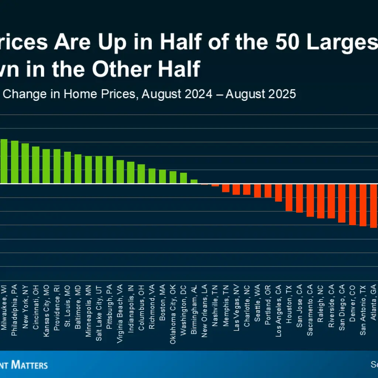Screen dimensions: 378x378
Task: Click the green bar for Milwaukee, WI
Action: coord(4,161)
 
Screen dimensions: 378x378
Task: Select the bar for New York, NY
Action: coord(25,164)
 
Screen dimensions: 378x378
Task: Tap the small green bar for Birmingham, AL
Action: coord(194,182)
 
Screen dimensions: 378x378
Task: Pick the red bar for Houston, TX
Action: coord(289,197)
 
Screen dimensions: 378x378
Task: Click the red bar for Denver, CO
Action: coord(353,205)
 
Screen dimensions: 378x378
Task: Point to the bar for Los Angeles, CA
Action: coord(278,193)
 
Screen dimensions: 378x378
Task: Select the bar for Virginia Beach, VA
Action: coord(120,172)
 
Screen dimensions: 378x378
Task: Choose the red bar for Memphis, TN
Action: coord(226,188)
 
